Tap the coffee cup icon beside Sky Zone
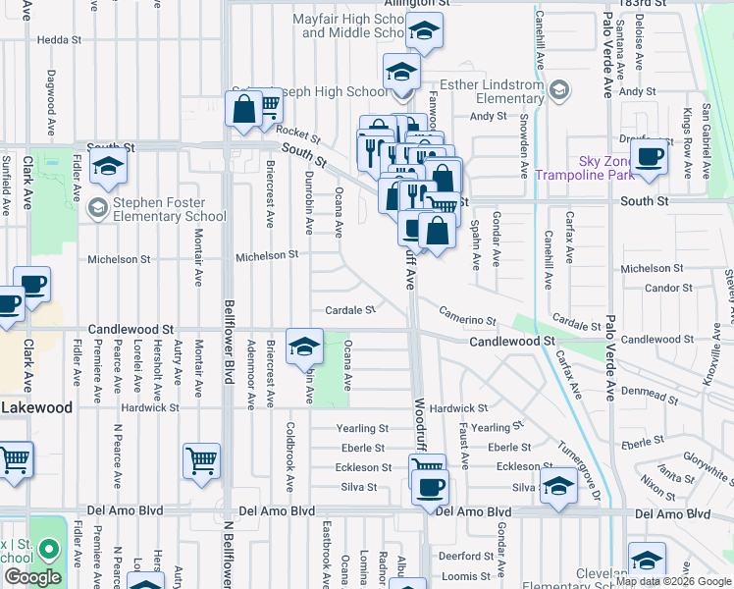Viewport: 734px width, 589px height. coord(649,155)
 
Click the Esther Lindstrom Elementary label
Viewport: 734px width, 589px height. coord(496,92)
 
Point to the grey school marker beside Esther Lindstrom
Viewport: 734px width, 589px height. coord(558,92)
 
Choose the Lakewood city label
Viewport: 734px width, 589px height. coord(36,406)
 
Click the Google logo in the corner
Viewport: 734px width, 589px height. coord(32,577)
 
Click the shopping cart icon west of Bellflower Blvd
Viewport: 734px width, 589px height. coord(201,459)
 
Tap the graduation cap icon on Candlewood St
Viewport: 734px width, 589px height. coord(304,346)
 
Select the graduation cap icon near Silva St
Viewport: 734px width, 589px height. coord(558,486)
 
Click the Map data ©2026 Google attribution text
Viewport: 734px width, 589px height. coord(673,581)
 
